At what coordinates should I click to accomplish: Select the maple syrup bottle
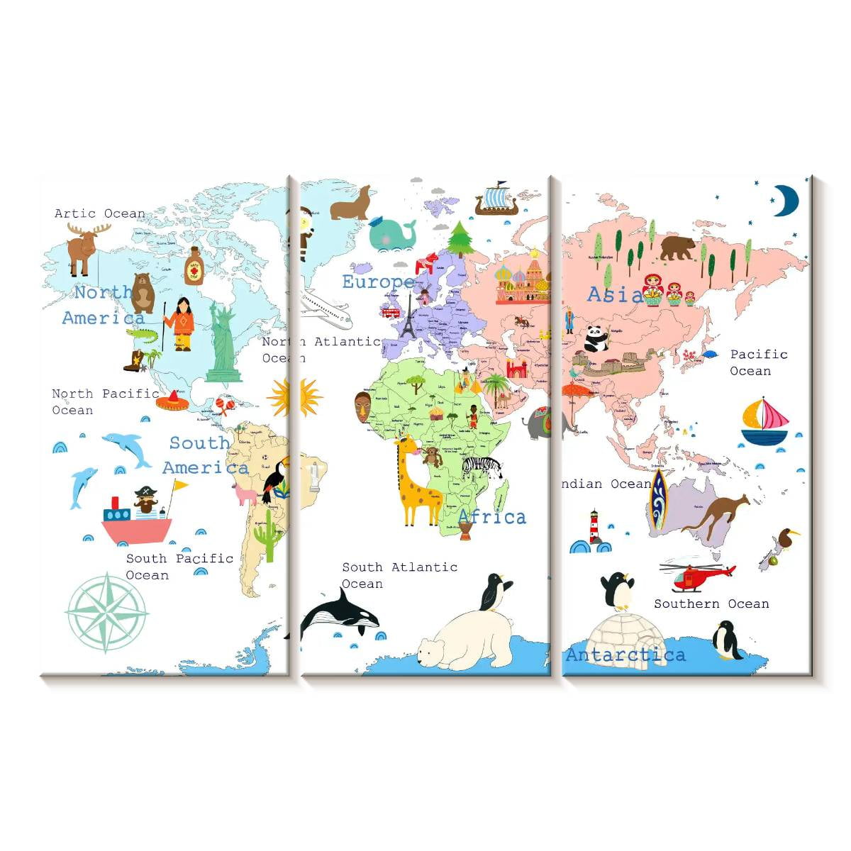194,266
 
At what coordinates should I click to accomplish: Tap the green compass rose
107,612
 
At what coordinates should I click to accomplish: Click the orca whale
338,614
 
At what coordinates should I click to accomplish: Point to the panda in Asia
596,338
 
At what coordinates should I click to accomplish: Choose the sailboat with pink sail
764,423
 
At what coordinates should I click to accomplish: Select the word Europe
377,282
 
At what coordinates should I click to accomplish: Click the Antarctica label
625,655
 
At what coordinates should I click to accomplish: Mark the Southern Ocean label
711,604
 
